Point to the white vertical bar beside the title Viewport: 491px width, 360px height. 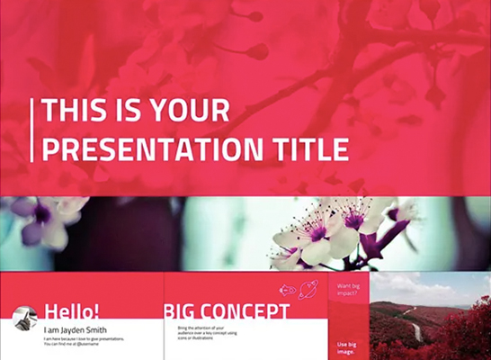pyautogui.click(x=32, y=130)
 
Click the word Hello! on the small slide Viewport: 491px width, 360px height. pyautogui.click(x=72, y=312)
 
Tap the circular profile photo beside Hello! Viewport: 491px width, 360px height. pyautogui.click(x=23, y=322)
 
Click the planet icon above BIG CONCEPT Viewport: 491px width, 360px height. pyautogui.click(x=308, y=290)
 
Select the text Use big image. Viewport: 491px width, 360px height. pyautogui.click(x=347, y=347)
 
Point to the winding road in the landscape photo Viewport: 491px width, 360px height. pyautogui.click(x=415, y=331)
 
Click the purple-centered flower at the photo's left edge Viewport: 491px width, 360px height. pyautogui.click(x=41, y=214)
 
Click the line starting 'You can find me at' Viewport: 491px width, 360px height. pyautogui.click(x=81, y=344)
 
